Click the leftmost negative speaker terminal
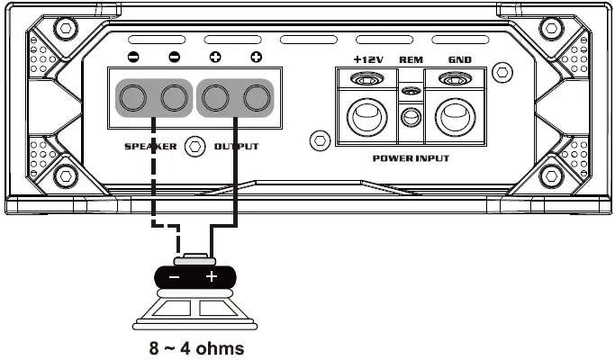(x=133, y=97)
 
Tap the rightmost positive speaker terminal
(x=257, y=97)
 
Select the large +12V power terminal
(x=365, y=116)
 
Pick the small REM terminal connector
(x=411, y=116)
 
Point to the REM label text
(x=411, y=60)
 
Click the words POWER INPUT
(x=410, y=157)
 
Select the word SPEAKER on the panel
(x=150, y=146)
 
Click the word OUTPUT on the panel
(x=236, y=146)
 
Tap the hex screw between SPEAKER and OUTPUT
(x=194, y=146)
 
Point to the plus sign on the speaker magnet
(x=213, y=277)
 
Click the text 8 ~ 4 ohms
(x=196, y=347)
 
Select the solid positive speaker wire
(x=236, y=180)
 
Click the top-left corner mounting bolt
(x=64, y=27)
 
